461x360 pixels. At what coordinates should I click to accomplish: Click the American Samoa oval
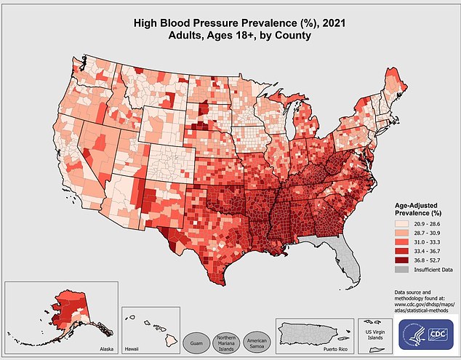pyautogui.click(x=260, y=342)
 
